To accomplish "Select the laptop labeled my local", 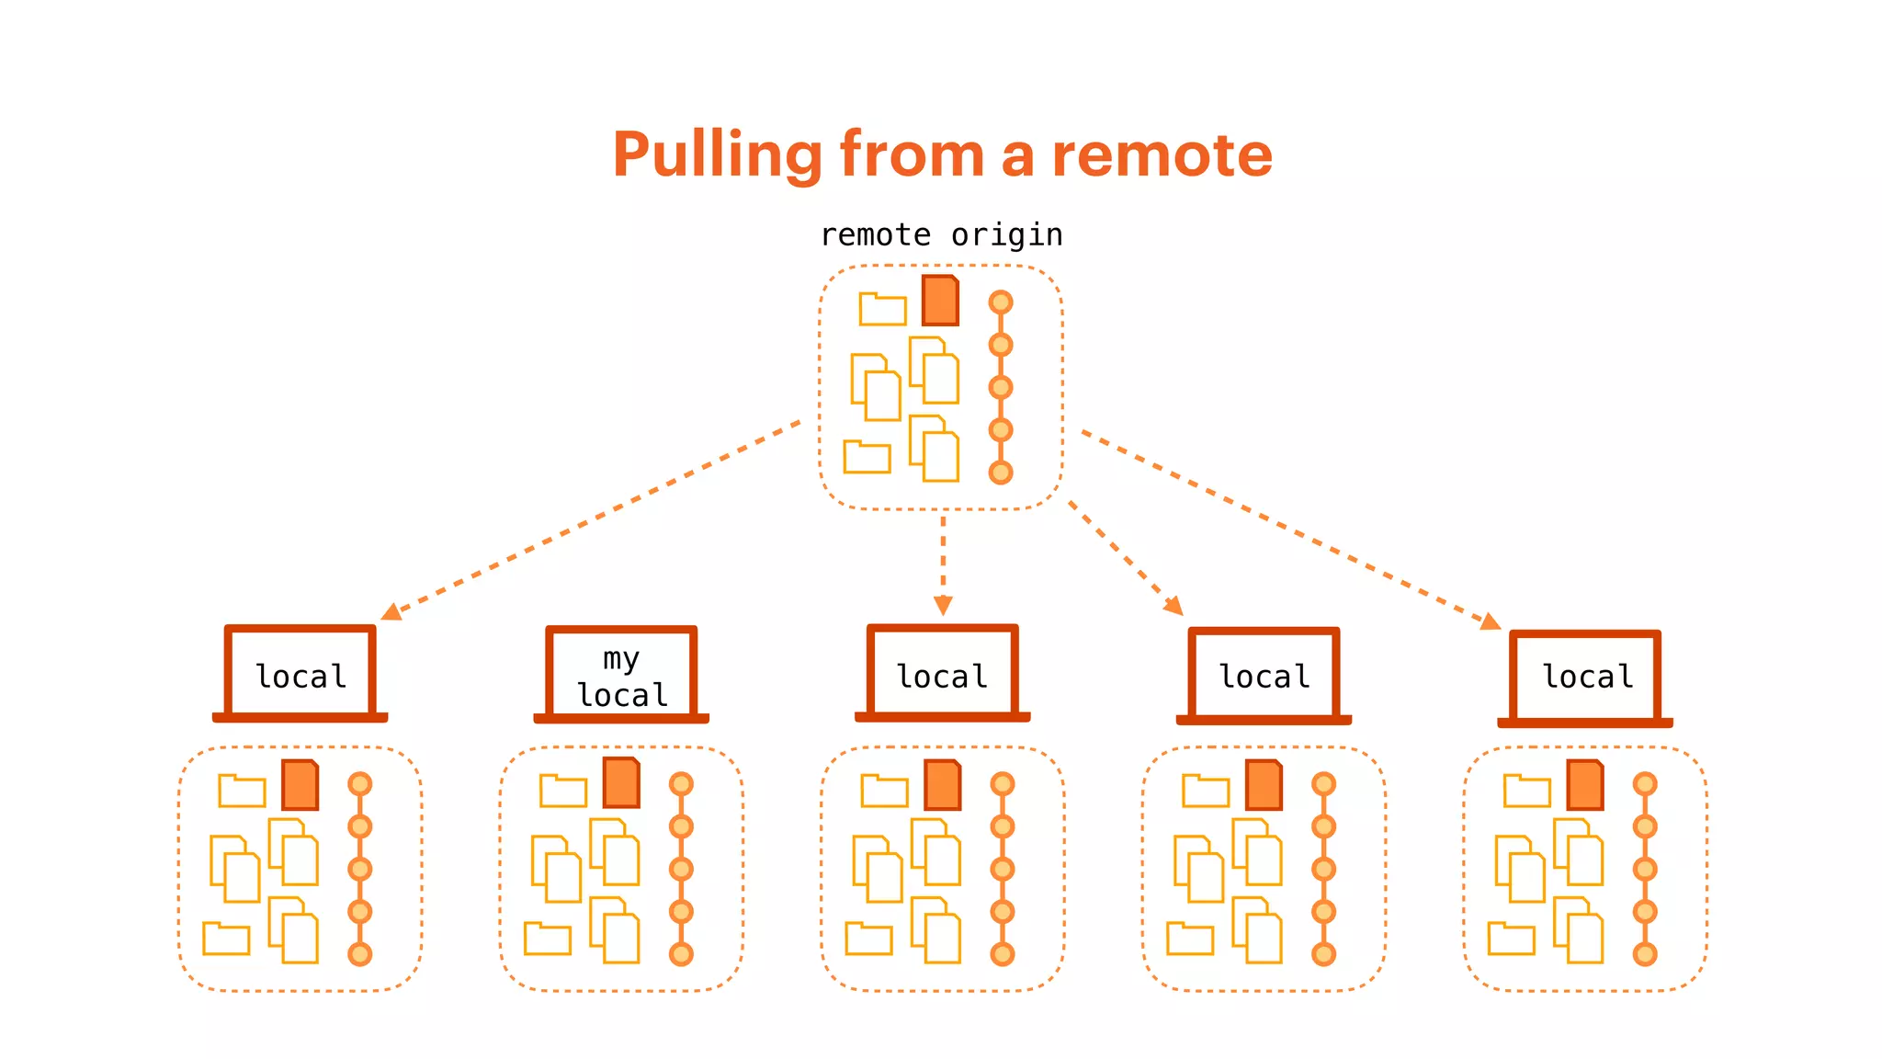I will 621,675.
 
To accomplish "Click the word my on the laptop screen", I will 621,658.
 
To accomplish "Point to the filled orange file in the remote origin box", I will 940,301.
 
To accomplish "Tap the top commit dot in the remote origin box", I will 1001,302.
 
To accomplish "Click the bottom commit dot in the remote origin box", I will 1001,473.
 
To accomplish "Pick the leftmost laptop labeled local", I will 300,675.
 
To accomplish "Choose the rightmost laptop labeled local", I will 1585,678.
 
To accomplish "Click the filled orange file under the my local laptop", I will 621,783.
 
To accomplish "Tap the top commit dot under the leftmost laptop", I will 360,784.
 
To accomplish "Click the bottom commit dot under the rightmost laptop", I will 1645,954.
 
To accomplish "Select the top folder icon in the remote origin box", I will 882,310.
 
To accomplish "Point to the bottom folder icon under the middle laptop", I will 868,939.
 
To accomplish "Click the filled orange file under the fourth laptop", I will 1264,785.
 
